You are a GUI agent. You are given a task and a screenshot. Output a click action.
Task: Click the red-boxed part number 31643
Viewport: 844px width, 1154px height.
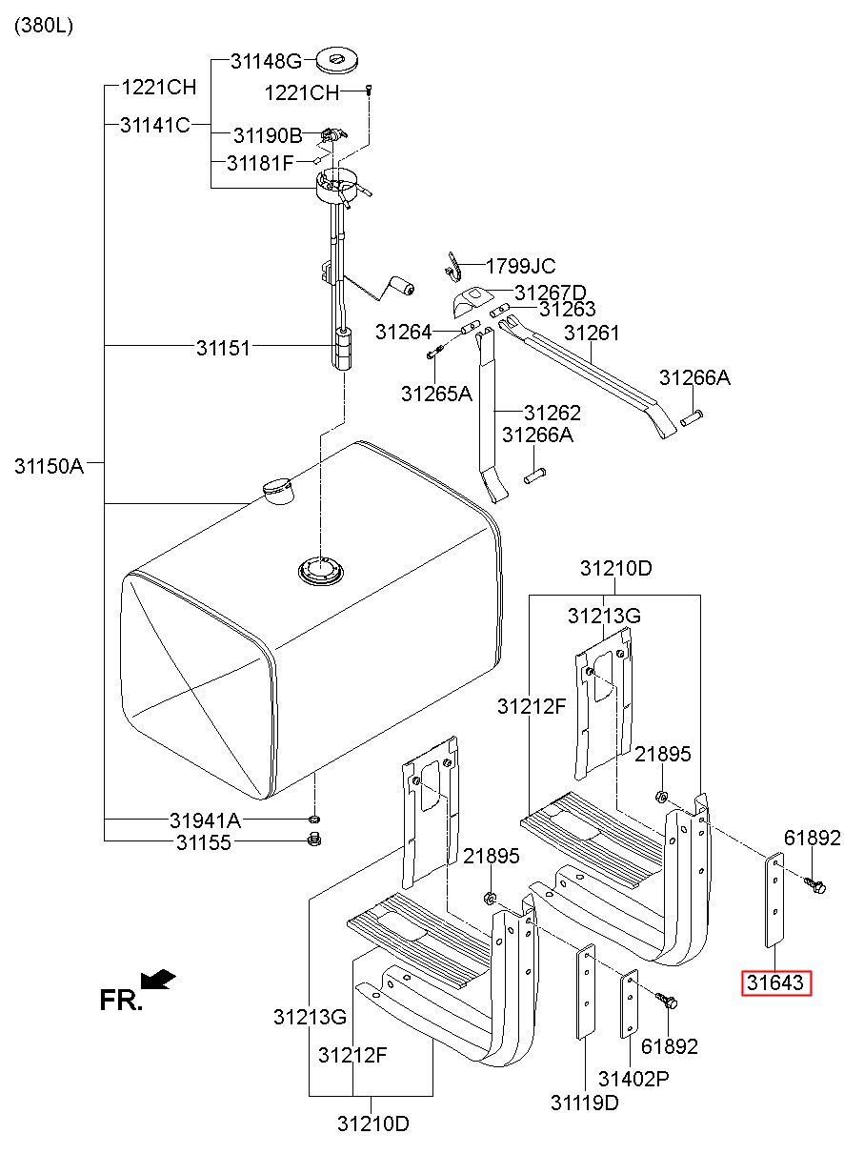click(x=776, y=982)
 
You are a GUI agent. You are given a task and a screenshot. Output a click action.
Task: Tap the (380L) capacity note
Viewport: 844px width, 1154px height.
click(x=43, y=26)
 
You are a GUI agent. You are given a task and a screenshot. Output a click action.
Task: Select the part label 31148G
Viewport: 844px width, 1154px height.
click(x=266, y=62)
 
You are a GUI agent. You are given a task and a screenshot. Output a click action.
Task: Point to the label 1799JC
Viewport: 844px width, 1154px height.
click(x=520, y=267)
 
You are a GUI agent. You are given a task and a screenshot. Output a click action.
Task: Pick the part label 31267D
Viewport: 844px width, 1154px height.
click(x=550, y=293)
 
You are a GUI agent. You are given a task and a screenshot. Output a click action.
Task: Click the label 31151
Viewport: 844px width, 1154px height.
click(x=224, y=348)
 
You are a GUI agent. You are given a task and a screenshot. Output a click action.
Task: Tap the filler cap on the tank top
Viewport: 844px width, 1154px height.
click(x=277, y=489)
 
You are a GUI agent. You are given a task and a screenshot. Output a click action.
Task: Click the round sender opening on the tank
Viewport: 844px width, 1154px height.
click(x=319, y=572)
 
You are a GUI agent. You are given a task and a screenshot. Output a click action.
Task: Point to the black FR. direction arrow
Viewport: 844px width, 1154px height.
click(x=157, y=979)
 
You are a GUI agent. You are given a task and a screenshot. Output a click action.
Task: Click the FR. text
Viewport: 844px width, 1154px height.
click(x=121, y=1000)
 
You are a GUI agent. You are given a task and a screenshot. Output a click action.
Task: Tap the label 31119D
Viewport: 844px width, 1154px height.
click(x=584, y=1103)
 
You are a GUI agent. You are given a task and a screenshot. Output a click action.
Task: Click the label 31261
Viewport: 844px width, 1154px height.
click(x=592, y=334)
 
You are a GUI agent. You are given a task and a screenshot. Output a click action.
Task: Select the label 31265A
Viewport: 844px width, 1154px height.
click(x=436, y=393)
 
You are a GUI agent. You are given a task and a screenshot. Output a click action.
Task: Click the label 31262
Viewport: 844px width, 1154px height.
click(x=553, y=414)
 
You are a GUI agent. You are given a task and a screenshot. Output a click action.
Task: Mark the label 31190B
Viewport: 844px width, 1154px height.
click(x=268, y=135)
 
